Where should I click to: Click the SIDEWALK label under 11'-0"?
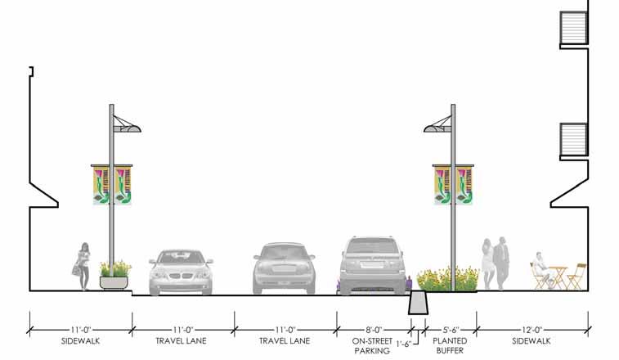coord(80,340)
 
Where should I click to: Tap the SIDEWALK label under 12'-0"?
coord(532,340)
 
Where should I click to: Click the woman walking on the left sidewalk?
coord(83,266)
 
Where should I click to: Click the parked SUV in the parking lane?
coord(372,266)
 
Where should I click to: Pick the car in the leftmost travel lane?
coord(182,272)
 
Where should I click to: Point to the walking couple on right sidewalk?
coord(496,262)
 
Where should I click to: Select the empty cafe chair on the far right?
coord(577,277)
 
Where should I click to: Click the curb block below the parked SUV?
coord(418,304)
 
